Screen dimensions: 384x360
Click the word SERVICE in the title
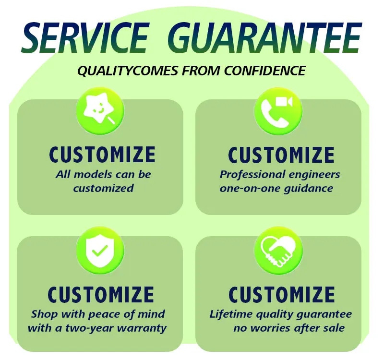(85, 37)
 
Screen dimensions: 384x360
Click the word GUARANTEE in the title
(265, 37)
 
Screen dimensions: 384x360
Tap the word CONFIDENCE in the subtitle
(265, 71)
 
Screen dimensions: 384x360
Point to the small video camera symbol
(284, 102)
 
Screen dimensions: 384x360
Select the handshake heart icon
(278, 252)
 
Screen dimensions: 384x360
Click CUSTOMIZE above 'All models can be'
(102, 155)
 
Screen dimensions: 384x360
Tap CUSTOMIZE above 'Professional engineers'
(281, 155)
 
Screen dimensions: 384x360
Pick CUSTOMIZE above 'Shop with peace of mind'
(101, 294)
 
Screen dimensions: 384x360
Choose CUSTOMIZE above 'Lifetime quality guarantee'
(282, 294)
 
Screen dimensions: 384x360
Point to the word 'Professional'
(252, 174)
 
